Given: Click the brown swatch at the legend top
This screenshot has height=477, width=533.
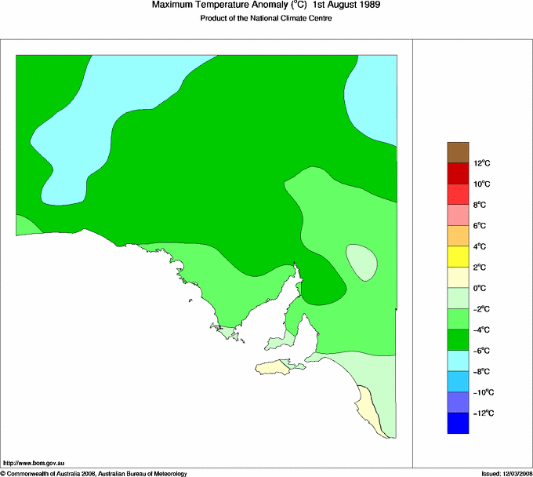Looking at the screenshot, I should pyautogui.click(x=458, y=151).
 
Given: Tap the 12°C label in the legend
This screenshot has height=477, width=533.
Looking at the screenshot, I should pyautogui.click(x=482, y=163).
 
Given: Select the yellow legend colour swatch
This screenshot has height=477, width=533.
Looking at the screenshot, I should pyautogui.click(x=458, y=256).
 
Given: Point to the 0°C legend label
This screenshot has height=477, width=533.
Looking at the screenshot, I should pyautogui.click(x=482, y=288).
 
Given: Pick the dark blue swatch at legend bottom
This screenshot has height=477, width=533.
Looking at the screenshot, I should pyautogui.click(x=458, y=423).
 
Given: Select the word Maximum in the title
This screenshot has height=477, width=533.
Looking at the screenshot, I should pyautogui.click(x=174, y=6).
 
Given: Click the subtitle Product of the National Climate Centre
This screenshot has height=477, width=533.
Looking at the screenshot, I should pyautogui.click(x=266, y=19).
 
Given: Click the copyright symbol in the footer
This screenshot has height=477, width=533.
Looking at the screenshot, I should pyautogui.click(x=3, y=473).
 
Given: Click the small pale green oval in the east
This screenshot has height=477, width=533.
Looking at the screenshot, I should pyautogui.click(x=362, y=262).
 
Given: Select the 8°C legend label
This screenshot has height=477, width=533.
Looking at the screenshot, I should pyautogui.click(x=482, y=205).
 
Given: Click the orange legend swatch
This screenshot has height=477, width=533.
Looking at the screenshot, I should pyautogui.click(x=458, y=235).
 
